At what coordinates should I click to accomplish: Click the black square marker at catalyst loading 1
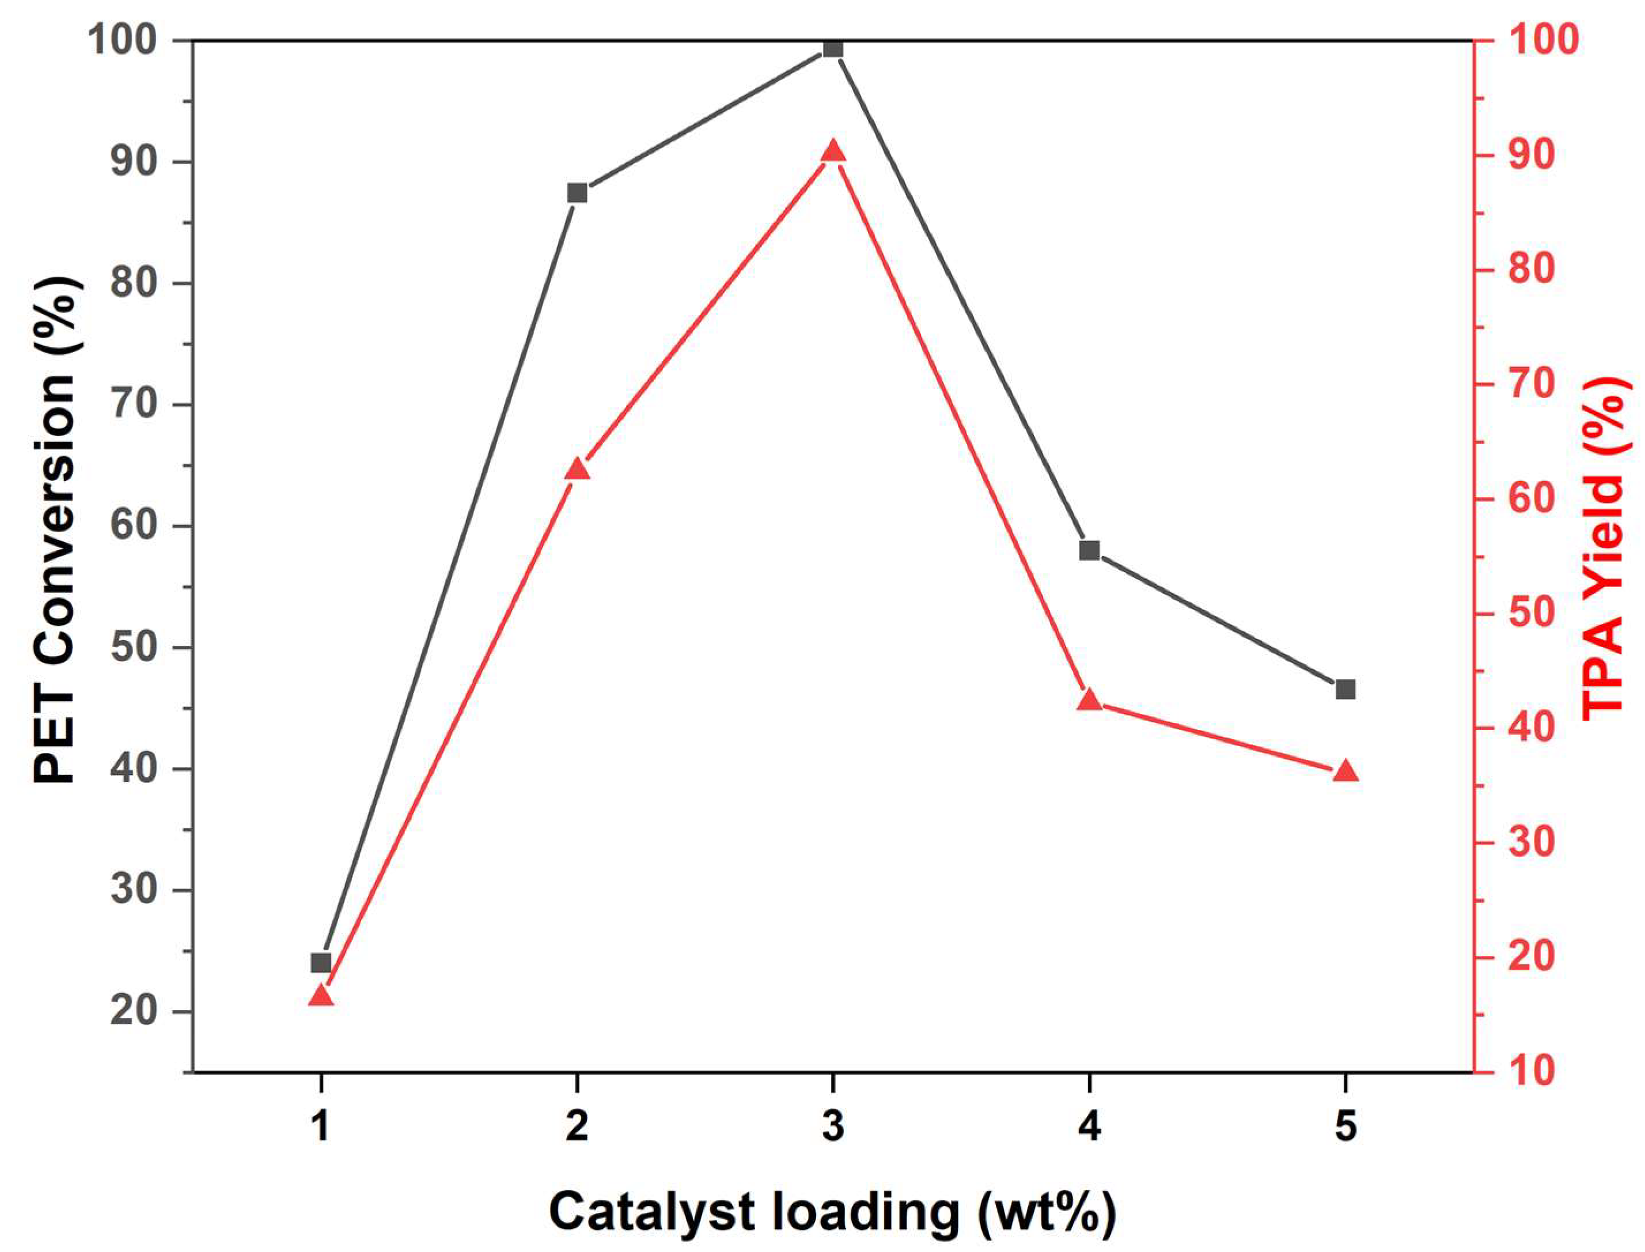tap(321, 963)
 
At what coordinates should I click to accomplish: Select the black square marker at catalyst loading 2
tap(577, 193)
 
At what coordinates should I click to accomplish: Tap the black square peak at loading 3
tap(833, 48)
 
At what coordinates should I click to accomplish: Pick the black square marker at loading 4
tap(1089, 551)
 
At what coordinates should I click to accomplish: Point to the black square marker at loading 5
tap(1345, 689)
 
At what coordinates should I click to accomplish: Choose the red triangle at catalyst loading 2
tap(577, 470)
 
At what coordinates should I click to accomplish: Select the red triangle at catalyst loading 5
tap(1345, 771)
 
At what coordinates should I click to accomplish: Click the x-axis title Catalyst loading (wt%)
tap(832, 1212)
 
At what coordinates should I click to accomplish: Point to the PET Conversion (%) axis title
tap(55, 529)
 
